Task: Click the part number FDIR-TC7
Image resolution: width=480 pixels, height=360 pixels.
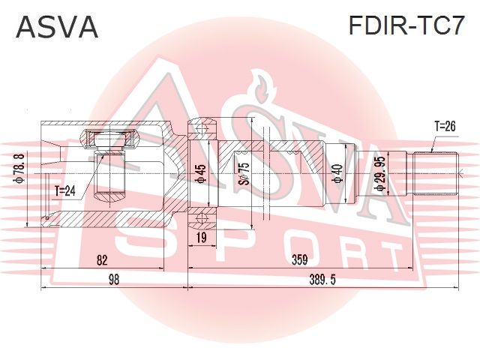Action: coord(406,25)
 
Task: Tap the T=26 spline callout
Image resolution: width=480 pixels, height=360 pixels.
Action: coord(445,126)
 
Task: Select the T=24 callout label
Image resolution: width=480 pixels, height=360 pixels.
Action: coord(65,191)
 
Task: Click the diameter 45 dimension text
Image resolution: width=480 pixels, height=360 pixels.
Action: coord(201,175)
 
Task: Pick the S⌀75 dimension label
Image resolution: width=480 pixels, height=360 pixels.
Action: coord(244,173)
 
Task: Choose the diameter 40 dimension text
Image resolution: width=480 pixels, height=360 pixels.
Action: coord(337,173)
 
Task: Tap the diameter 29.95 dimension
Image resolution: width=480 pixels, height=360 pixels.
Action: coord(380,174)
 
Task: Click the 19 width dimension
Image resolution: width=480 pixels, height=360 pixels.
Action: coord(202,237)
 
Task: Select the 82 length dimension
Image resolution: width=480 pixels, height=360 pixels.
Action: coord(102,260)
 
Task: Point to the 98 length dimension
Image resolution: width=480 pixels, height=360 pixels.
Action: coord(113,280)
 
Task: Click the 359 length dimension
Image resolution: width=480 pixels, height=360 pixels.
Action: coord(299,260)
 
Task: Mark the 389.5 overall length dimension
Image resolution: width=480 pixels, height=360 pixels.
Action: coord(322,280)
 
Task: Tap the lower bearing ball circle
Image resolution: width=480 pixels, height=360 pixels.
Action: coord(202,217)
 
